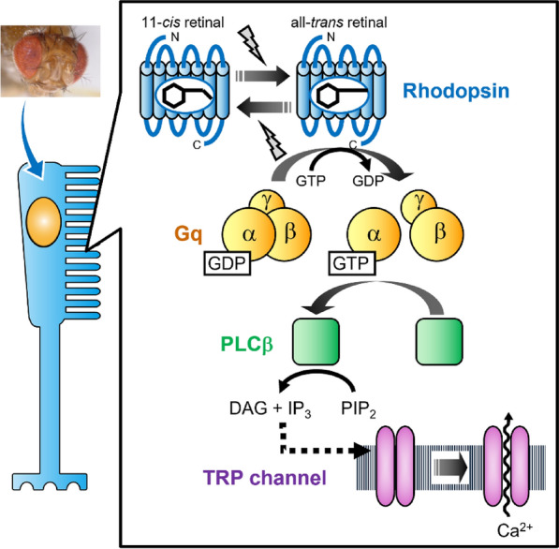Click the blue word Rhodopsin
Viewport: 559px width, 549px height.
[456, 92]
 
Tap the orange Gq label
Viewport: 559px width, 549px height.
[188, 235]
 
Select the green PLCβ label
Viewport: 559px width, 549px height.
[246, 344]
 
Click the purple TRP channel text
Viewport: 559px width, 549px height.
[265, 477]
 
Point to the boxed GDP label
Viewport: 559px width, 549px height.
[228, 263]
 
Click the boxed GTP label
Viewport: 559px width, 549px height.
[352, 263]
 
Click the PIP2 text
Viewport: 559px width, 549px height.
[359, 409]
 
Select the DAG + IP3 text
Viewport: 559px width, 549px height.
[271, 409]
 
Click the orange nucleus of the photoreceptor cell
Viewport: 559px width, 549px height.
[44, 221]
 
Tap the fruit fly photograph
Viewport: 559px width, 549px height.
[51, 61]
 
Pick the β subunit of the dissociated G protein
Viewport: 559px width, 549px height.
[436, 234]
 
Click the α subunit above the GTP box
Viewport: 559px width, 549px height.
[374, 233]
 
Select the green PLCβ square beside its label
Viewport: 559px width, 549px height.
[316, 342]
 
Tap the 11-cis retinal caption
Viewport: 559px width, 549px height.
[183, 22]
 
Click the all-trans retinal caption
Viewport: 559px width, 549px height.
[339, 22]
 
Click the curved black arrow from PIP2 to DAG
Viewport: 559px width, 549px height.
[318, 374]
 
